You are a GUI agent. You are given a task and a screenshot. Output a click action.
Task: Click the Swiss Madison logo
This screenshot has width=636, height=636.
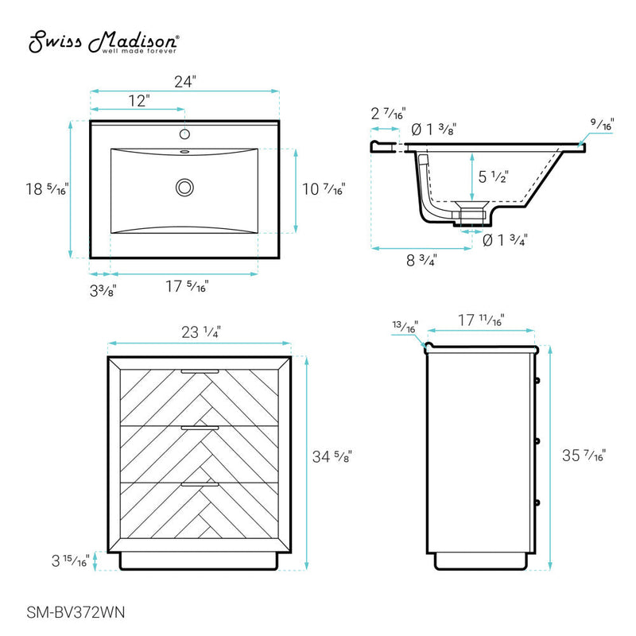pos(104,44)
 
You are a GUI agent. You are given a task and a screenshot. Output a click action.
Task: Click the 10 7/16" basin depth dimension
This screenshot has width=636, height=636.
pos(324,189)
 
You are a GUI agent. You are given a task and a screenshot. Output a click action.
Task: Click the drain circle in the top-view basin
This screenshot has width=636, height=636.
pos(184,188)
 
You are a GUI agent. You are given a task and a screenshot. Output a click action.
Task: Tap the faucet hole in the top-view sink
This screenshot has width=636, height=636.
pos(184,134)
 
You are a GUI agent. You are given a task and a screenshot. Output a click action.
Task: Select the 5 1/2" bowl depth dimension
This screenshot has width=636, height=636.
pos(493,176)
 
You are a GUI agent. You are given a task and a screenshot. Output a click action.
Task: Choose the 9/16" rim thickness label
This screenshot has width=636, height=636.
pos(601,125)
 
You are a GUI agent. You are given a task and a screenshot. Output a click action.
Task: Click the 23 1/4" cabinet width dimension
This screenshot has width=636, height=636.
pos(199,333)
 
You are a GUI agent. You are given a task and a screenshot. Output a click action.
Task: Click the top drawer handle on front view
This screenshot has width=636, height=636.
pos(200,371)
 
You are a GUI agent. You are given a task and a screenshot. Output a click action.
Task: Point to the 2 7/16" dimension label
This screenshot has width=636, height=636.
pos(388,114)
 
